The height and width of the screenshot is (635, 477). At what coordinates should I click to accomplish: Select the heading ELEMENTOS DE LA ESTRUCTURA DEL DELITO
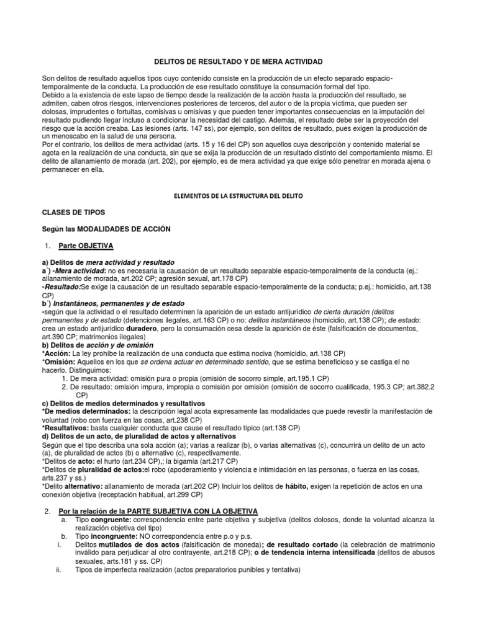pos(238,195)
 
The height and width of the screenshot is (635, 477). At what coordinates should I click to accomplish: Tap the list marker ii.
pos(58,569)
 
